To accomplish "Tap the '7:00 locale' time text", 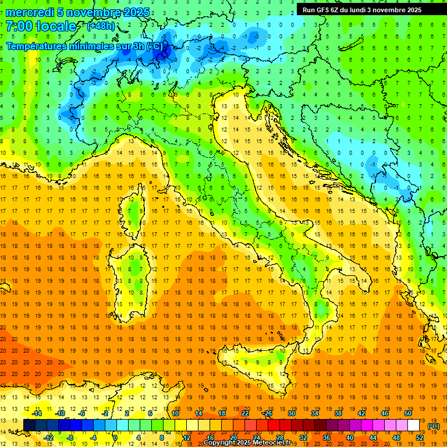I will tap(41, 27).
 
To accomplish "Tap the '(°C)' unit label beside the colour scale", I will tap(433, 425).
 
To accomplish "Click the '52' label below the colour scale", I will tap(420, 438).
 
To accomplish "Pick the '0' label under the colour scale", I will tap(115, 438).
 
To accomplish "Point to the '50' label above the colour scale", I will tap(407, 413).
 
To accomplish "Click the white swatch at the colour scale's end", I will tap(414, 425).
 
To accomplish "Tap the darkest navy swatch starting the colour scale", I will tap(29, 425).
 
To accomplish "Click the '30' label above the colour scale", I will tap(290, 413).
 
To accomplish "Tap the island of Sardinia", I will tap(131, 274).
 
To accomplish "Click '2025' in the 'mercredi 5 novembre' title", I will tap(136, 12).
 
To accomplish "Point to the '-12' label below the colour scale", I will tap(48, 438).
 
